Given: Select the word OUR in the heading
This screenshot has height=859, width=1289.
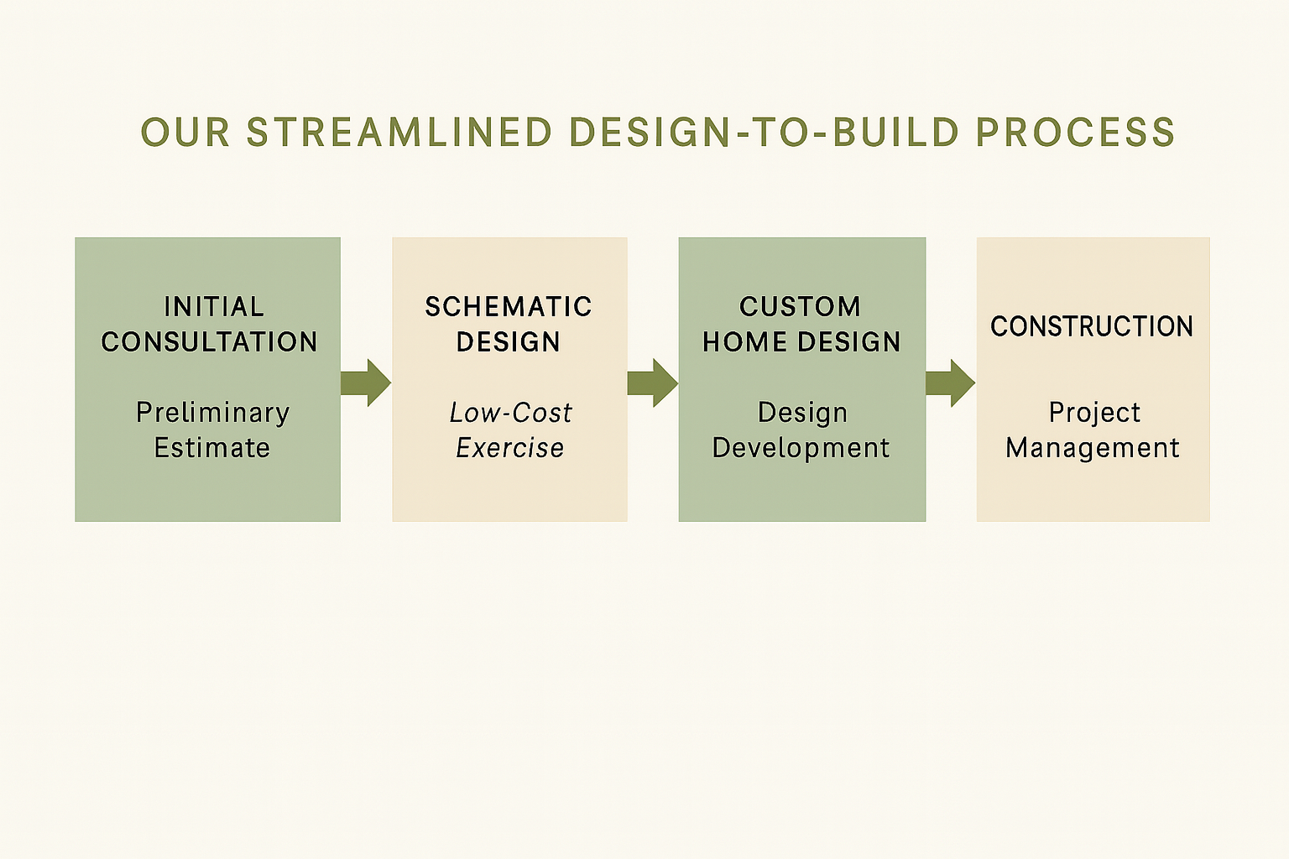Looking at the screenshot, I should point(185,133).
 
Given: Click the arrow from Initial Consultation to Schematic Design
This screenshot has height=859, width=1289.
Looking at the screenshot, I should point(366,383).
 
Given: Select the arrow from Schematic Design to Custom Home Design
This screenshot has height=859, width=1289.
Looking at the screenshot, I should point(653,383).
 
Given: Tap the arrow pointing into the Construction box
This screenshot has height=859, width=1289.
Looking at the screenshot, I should point(951,383).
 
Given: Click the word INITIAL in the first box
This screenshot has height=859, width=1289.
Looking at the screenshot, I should point(214,307).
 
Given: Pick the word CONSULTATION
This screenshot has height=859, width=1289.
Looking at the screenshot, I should point(209,342).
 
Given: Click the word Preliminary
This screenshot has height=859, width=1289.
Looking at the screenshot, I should point(213,413).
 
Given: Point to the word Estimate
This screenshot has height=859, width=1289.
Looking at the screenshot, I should point(212,448).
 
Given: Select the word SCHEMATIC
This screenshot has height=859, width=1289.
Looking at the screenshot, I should point(509,307).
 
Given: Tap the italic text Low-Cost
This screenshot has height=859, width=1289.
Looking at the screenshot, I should point(510,413).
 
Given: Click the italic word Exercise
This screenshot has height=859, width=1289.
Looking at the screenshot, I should point(510,448).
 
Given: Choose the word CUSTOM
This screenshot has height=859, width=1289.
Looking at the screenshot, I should point(801,307).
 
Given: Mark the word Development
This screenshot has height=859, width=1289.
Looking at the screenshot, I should point(801,448).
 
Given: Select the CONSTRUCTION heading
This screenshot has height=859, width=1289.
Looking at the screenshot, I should point(1092,326).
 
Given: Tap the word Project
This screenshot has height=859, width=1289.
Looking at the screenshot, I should point(1094,413).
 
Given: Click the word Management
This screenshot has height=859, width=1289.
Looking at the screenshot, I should point(1093,448).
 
